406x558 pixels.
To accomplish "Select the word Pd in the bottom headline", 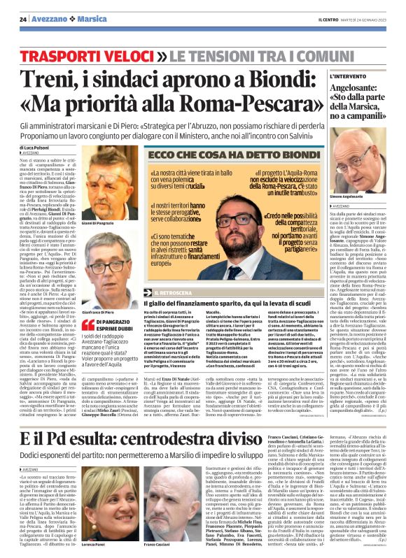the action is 62,438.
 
